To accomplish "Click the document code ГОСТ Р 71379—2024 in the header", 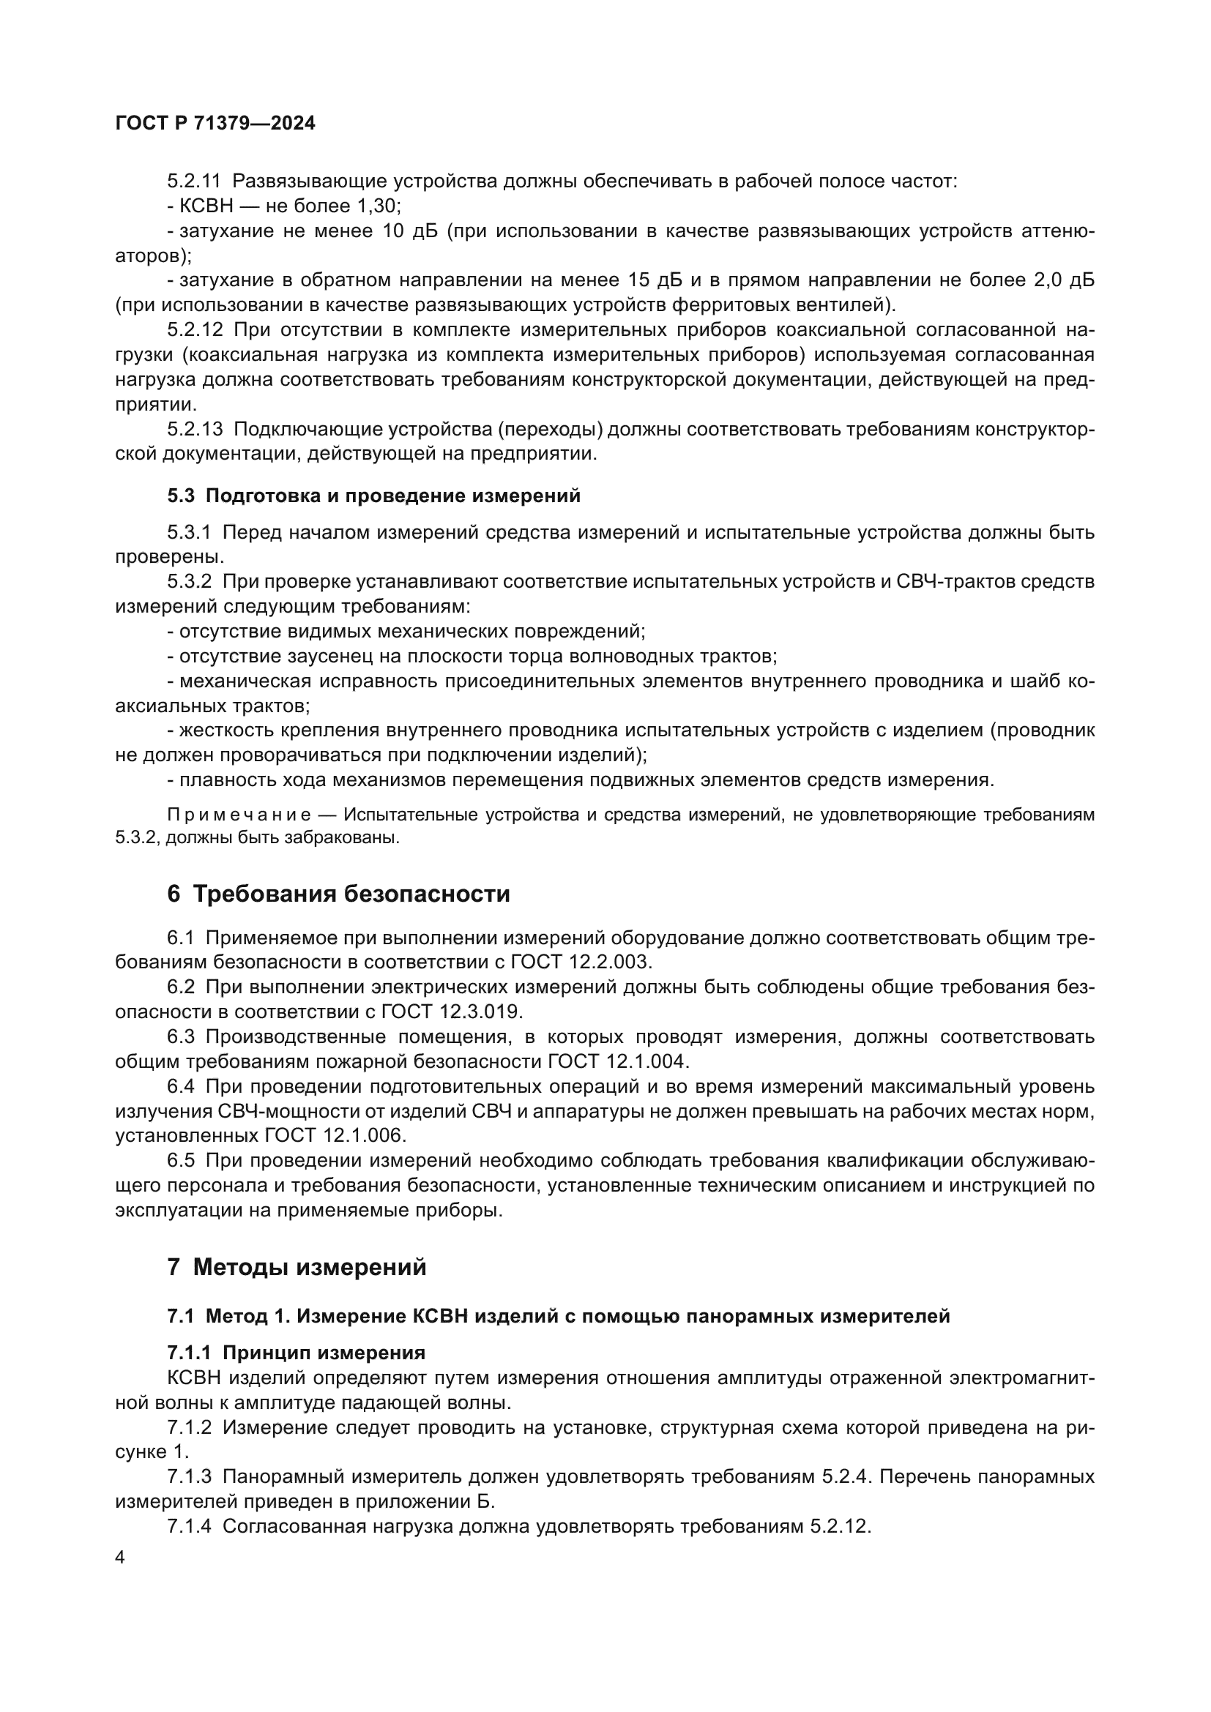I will pos(215,124).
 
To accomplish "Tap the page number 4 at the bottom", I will pos(120,1558).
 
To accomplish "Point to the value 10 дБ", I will pos(409,231).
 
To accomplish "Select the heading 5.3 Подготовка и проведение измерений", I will pos(373,496).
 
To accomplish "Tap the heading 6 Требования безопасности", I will pos(338,893).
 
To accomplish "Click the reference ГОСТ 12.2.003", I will pos(581,962).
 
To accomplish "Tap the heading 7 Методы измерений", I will pos(297,1267).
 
